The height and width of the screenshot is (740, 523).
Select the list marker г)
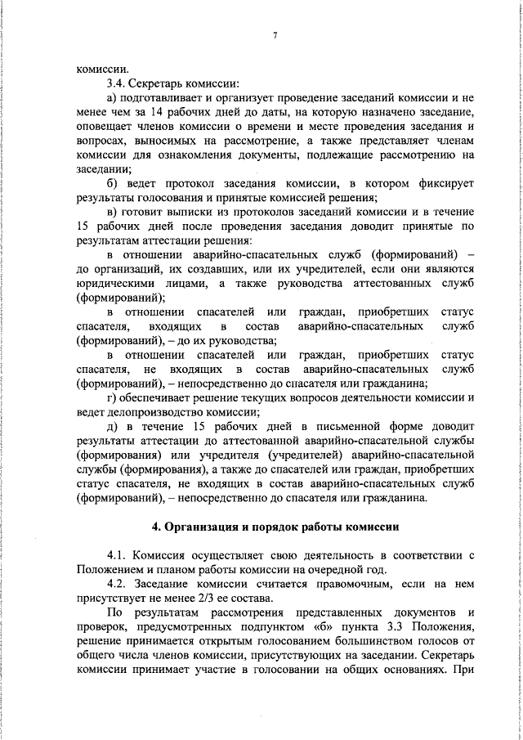point(112,398)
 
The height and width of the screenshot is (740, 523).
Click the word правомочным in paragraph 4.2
point(331,585)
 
